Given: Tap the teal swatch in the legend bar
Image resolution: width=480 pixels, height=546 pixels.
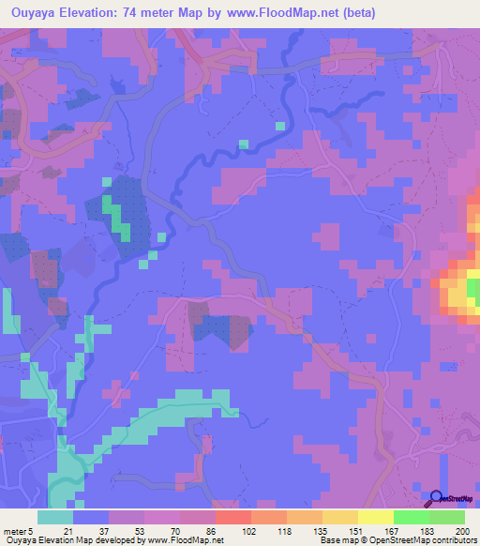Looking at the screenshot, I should (55, 517).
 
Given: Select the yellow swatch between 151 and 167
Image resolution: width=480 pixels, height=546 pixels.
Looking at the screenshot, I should (375, 517).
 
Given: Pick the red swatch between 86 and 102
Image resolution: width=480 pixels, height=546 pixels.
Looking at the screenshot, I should (232, 517).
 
